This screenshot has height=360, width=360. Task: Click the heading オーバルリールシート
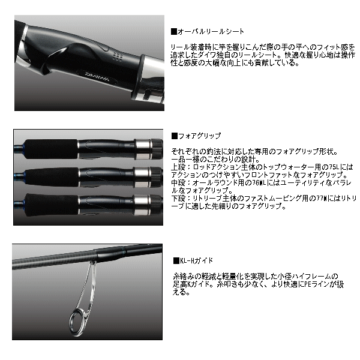pyautogui.click(x=202, y=31)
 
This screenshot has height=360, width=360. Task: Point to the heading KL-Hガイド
pyautogui.click(x=196, y=260)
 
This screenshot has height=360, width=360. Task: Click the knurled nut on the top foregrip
pyautogui.click(x=156, y=145)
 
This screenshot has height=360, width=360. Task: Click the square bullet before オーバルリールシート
pyautogui.click(x=173, y=31)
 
